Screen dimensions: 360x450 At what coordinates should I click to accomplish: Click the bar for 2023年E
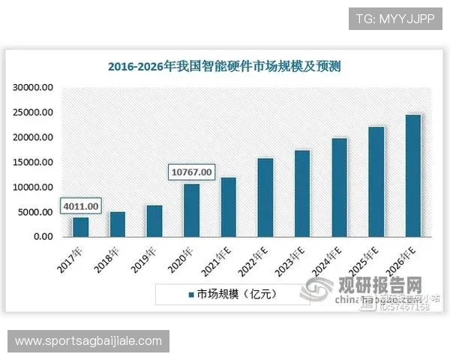(302, 193)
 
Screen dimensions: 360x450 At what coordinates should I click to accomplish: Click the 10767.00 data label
(191, 172)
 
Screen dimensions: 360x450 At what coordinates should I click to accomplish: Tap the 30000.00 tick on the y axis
(32, 88)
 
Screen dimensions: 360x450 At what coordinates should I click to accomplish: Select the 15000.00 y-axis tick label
(32, 162)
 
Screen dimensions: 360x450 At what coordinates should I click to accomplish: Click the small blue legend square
(192, 294)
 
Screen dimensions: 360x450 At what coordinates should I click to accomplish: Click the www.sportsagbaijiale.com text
(88, 341)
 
